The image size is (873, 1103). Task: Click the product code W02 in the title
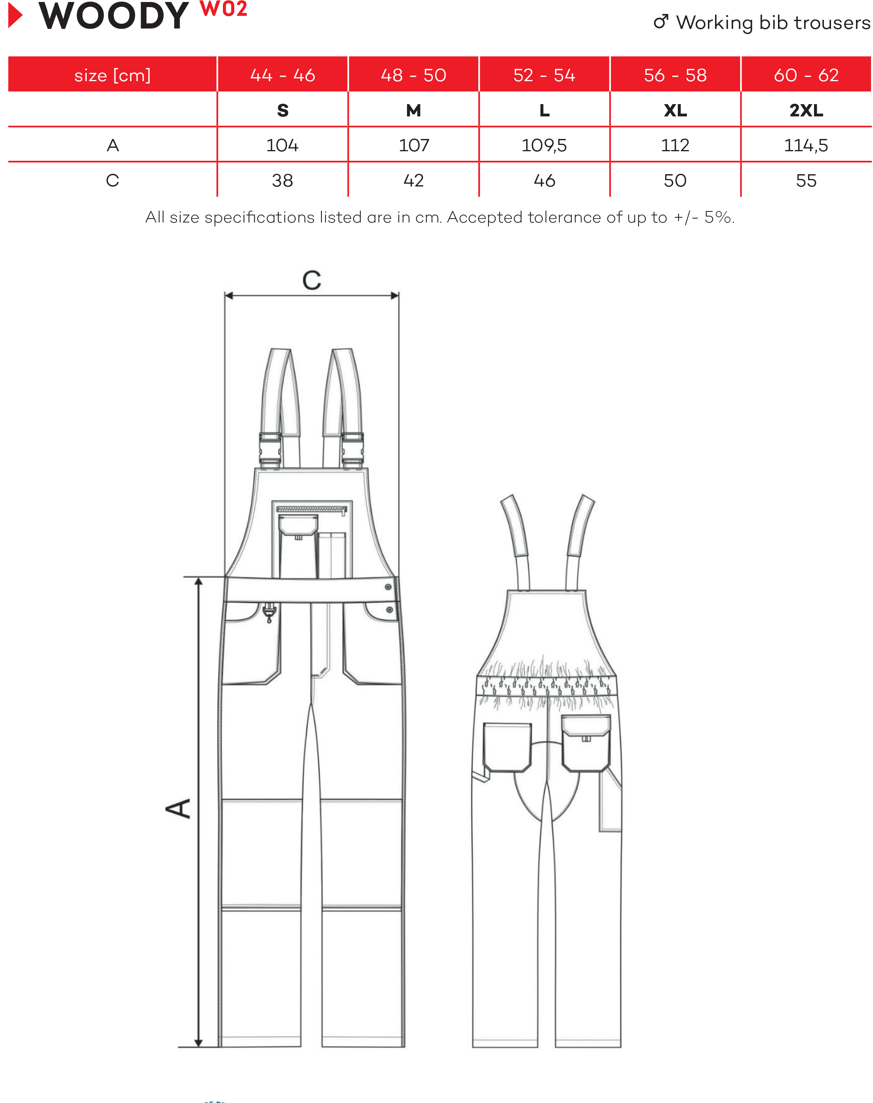(x=223, y=9)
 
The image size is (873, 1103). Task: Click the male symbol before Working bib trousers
(x=661, y=21)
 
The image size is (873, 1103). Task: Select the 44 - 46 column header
(x=283, y=75)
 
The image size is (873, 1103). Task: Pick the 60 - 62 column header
(x=806, y=75)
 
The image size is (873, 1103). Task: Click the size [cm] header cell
(x=112, y=75)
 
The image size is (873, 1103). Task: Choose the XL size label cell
(x=675, y=110)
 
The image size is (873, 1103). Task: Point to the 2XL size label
(x=806, y=110)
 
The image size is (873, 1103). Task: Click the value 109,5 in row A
(x=544, y=146)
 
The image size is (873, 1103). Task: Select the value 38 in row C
(x=283, y=181)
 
